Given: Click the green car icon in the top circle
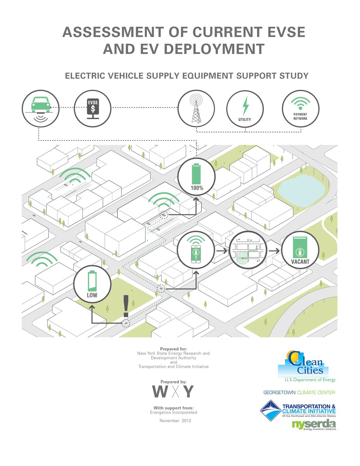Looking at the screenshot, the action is [41, 105].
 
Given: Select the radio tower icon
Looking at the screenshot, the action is [196, 108].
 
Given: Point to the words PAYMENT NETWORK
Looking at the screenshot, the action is [300, 116].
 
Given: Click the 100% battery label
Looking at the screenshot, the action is [197, 188].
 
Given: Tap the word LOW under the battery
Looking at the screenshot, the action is [92, 295].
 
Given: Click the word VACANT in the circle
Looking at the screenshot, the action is [300, 262].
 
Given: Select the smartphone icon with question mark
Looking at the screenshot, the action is [196, 254].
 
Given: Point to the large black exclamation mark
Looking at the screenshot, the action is [126, 306].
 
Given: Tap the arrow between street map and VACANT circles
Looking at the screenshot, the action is [274, 251].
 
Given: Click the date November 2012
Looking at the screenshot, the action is [175, 421].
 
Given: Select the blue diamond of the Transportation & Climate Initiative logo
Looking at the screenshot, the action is [271, 411].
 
